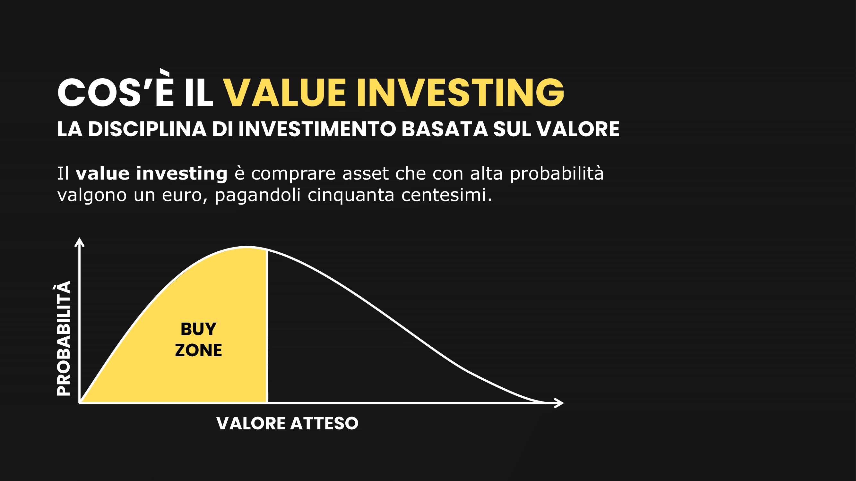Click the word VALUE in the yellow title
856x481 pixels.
point(285,93)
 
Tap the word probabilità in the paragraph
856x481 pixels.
point(557,173)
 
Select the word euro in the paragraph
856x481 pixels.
point(182,196)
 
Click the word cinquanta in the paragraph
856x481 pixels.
point(351,196)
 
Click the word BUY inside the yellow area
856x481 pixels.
point(198,329)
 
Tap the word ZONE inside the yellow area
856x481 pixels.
point(198,350)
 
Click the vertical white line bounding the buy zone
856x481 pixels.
point(267,327)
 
